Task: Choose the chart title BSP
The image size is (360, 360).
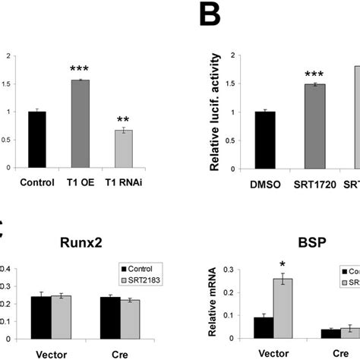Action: coord(292,245)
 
